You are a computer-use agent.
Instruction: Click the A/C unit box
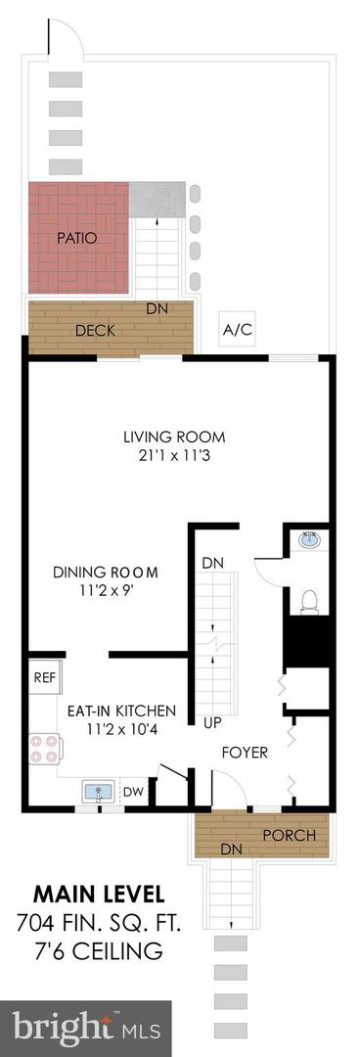click(238, 329)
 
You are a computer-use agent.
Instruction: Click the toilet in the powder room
click(310, 600)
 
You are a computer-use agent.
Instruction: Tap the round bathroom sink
click(311, 540)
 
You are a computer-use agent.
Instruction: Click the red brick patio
click(78, 237)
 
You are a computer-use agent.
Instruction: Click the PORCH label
click(289, 836)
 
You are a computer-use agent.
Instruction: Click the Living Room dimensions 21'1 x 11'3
click(174, 456)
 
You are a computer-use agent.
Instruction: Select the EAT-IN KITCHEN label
click(121, 711)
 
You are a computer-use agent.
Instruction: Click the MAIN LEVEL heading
click(99, 896)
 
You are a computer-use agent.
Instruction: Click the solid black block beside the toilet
click(308, 641)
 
